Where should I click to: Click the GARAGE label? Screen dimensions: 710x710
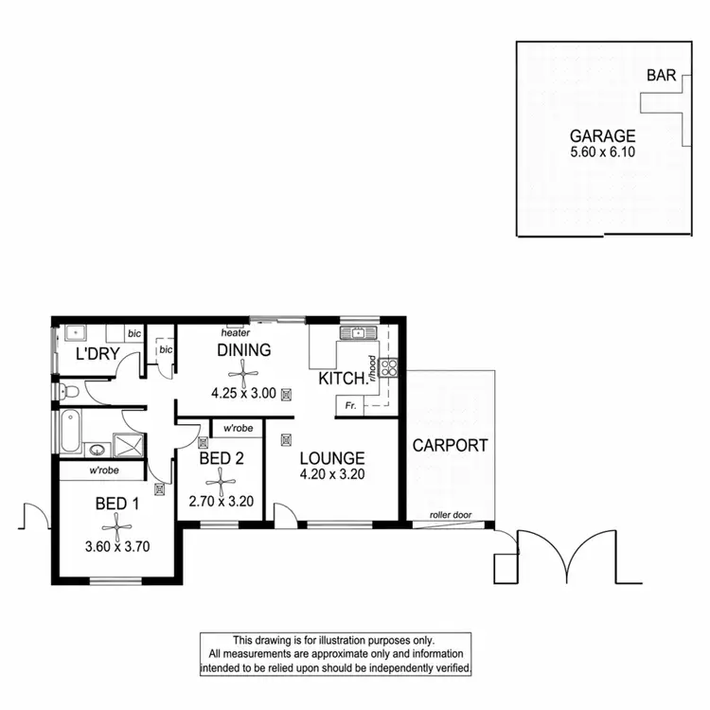click(x=602, y=135)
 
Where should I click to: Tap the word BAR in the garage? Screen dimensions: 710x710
click(x=660, y=76)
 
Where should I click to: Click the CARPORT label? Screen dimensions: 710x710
click(x=450, y=445)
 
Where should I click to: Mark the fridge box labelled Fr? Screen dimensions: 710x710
click(x=350, y=405)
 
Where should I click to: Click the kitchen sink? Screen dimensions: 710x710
click(x=359, y=333)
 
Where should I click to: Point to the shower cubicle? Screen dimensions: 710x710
click(x=126, y=445)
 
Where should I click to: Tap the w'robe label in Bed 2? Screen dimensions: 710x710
click(x=238, y=429)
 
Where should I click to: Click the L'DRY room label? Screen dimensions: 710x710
click(x=95, y=355)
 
